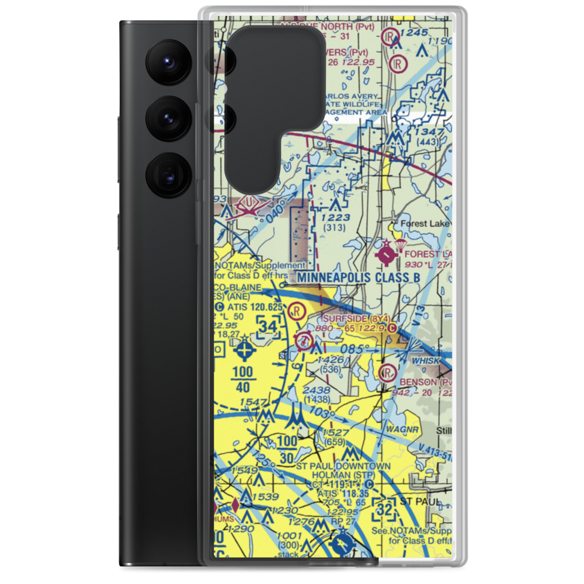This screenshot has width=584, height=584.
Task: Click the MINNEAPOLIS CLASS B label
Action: tap(358, 277)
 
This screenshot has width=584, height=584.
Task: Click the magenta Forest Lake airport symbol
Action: tap(387, 255)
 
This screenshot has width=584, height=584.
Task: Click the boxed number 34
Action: tap(268, 327)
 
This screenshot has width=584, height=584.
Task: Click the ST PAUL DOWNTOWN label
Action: tap(343, 466)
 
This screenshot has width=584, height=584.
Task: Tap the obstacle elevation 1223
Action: tap(335, 218)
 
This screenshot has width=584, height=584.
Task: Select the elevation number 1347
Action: tap(429, 133)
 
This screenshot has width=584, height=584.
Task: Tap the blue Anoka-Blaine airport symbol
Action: tap(244, 351)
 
